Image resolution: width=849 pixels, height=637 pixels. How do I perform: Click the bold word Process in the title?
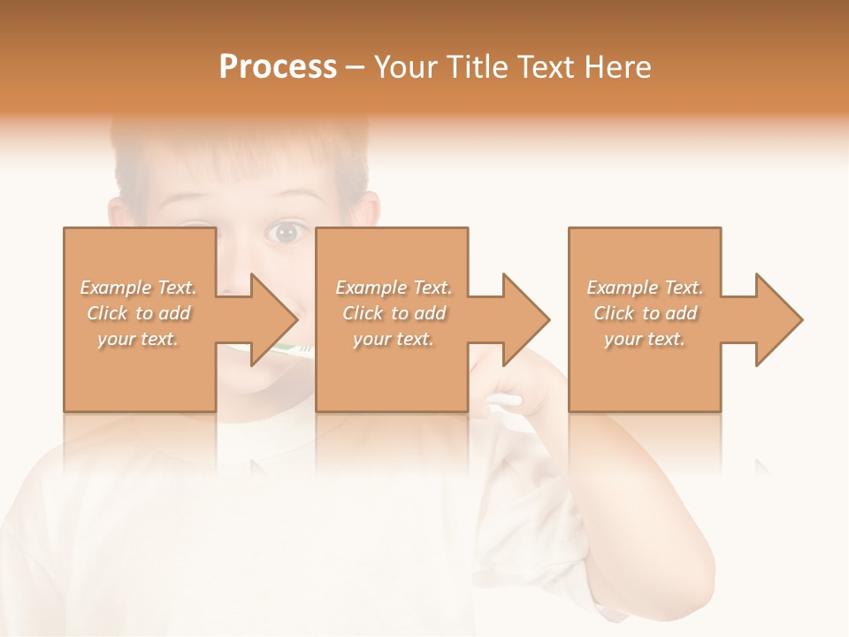coord(278,67)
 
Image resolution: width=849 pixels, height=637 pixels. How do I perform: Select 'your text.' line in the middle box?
coord(393,339)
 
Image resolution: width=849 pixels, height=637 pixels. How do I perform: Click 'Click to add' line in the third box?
coord(645,313)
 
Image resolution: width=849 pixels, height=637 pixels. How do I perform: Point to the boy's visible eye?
coord(286,233)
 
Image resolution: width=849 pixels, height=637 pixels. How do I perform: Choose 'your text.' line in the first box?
coord(138,339)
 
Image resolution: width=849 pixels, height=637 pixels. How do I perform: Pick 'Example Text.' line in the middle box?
coord(393,288)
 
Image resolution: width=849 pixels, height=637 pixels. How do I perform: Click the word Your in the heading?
coord(405,67)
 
